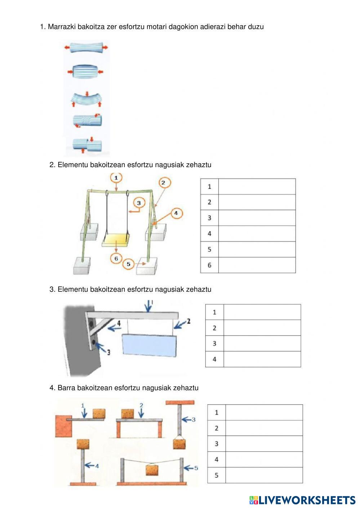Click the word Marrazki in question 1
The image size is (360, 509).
coord(61,27)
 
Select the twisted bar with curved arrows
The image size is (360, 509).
coord(87,120)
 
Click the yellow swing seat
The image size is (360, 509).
coord(116,239)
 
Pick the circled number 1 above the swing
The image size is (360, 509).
coord(116,178)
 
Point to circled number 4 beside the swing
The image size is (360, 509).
coord(175,213)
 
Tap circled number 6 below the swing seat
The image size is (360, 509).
coord(116,258)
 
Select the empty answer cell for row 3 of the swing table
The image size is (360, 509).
coord(257,218)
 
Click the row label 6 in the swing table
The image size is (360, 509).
coord(209,265)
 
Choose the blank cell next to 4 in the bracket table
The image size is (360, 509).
coord(262,359)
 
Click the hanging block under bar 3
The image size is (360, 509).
coord(179,443)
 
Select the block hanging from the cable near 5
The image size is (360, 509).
coord(153,470)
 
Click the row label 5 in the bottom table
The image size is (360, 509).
coord(217,475)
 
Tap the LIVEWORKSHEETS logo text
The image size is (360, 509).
coord(306,500)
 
